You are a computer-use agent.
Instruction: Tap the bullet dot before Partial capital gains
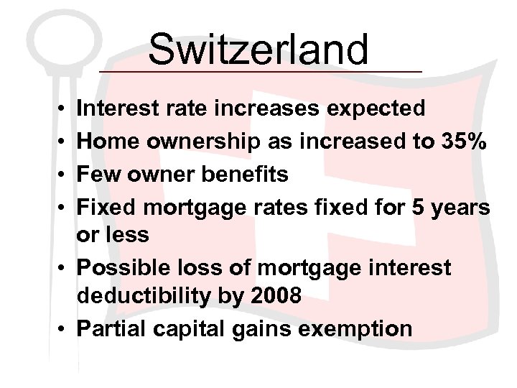63,330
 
